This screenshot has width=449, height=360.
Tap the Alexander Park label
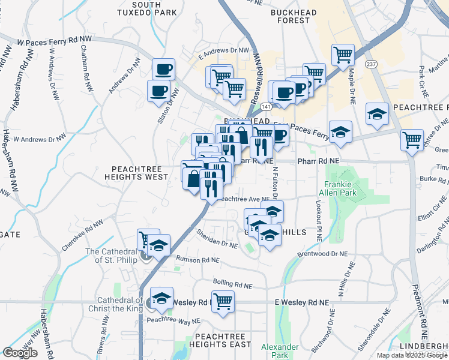click(x=280, y=351)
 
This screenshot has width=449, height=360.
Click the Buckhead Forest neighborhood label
click(x=298, y=16)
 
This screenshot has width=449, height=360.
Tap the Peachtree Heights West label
click(x=136, y=172)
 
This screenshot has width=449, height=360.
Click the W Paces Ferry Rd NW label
click(x=56, y=42)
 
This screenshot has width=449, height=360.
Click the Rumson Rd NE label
click(x=197, y=260)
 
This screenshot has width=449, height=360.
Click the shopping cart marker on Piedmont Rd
click(x=412, y=140)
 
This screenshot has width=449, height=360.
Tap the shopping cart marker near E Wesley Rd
click(x=223, y=301)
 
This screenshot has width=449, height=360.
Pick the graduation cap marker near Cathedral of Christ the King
click(x=161, y=298)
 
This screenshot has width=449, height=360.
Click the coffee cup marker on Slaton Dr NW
click(x=158, y=91)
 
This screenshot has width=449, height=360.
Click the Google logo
click(x=20, y=353)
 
